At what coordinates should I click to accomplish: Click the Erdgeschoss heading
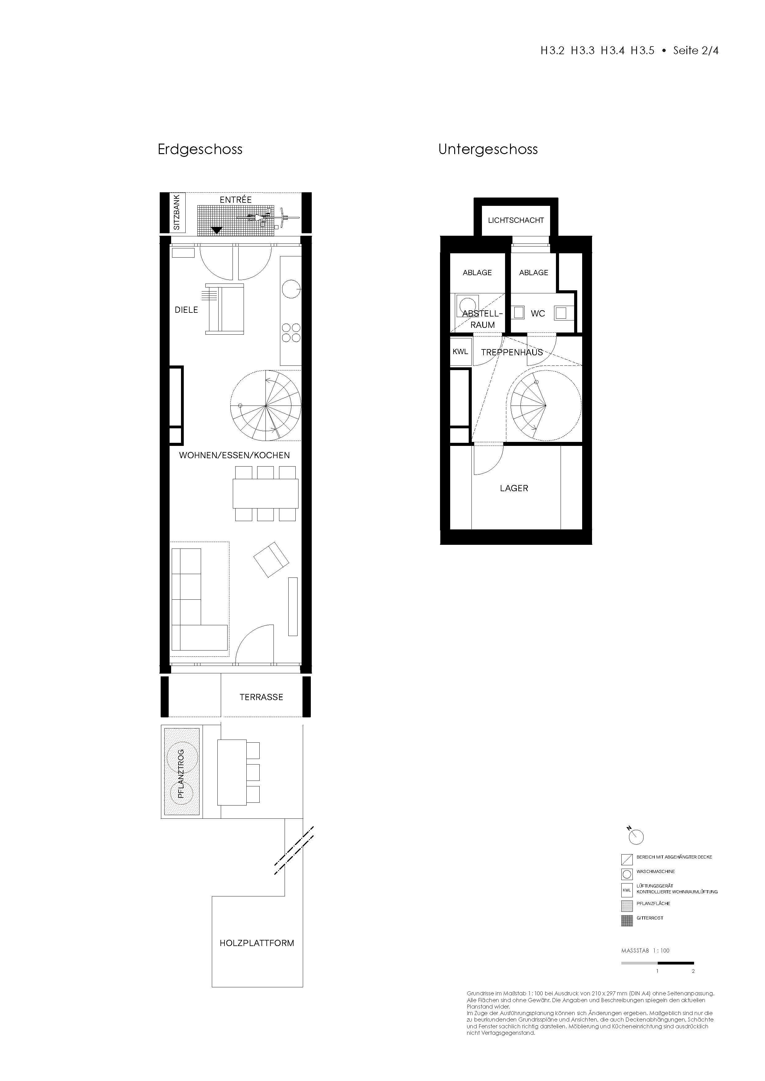coord(200,150)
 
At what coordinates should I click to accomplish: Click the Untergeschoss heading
coord(488,150)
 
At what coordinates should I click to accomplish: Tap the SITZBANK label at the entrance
coord(177,213)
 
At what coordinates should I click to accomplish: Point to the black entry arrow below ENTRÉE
coord(216,230)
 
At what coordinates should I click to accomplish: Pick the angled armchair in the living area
coord(271,559)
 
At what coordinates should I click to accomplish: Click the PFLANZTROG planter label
coord(181,774)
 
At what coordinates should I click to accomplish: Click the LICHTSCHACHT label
coord(516,220)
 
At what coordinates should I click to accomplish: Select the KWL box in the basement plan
coord(460,352)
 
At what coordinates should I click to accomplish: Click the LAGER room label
coord(514,488)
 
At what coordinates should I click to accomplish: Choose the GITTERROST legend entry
coord(650,918)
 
